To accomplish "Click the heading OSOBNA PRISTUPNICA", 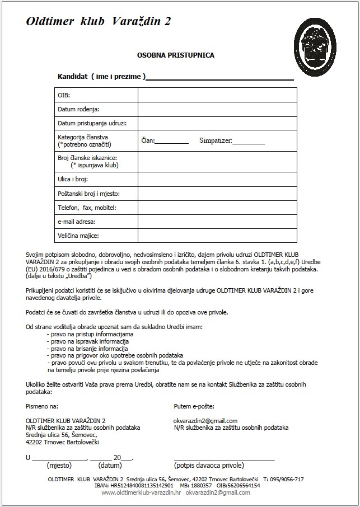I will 176,55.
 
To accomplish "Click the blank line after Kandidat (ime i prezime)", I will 220,77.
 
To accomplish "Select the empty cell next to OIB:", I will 217,95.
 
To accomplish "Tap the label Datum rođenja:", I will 82,109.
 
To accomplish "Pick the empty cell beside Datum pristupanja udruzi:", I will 217,123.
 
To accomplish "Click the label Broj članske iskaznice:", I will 87,158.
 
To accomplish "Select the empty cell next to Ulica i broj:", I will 217,180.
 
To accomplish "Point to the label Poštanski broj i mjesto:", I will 89,194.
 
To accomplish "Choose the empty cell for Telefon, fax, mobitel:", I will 217,208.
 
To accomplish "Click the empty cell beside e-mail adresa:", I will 217,222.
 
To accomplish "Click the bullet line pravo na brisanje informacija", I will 88,348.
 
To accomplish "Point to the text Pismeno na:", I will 42,406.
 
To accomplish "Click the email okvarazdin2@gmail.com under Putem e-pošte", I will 205,421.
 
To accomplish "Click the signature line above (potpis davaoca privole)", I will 224,458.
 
